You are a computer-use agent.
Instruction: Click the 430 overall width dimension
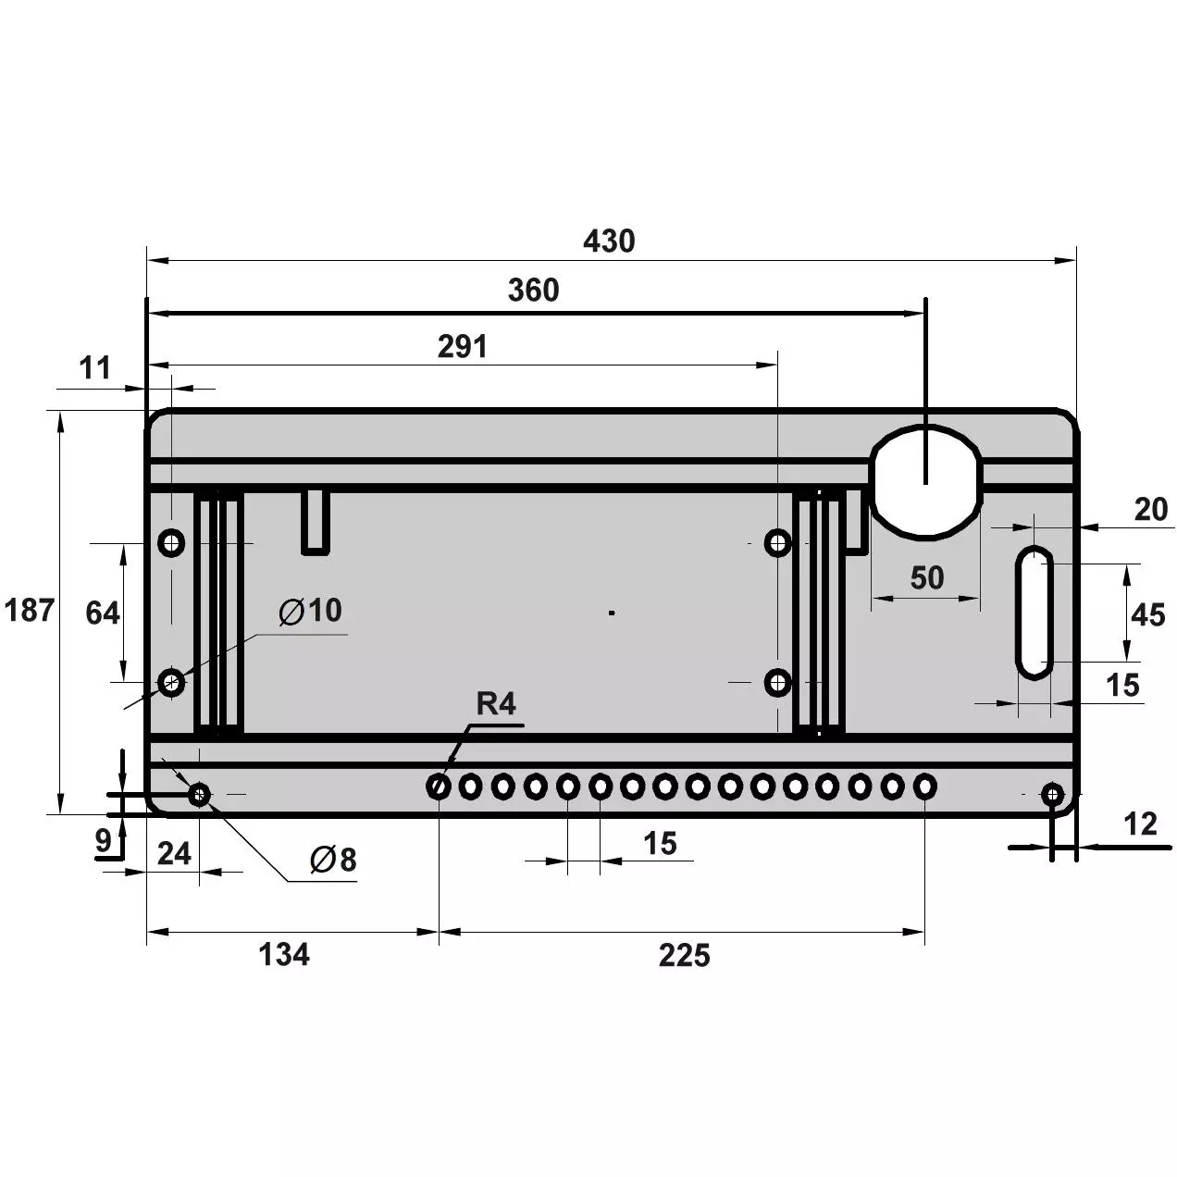tap(609, 241)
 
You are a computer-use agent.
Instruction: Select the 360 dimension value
tap(533, 290)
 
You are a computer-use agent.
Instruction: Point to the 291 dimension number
tap(463, 346)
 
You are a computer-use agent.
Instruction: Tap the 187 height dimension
tap(30, 610)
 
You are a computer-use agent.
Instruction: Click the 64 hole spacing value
tap(102, 613)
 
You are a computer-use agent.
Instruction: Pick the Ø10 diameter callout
tap(310, 610)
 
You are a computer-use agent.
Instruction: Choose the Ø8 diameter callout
tap(333, 860)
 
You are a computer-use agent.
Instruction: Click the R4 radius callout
tap(496, 703)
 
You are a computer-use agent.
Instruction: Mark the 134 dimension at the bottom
tap(284, 954)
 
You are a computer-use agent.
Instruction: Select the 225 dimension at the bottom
tap(684, 955)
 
